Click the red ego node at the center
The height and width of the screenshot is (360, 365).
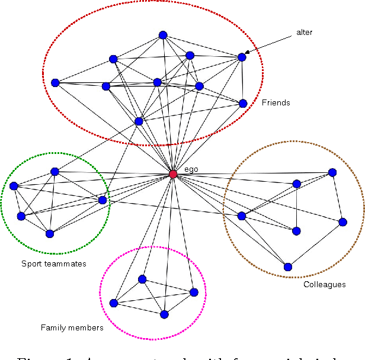173,174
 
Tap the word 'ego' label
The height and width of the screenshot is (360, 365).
191,169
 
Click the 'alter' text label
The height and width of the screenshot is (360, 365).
304,33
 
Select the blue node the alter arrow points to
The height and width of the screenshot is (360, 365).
242,57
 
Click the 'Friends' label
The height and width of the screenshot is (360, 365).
276,102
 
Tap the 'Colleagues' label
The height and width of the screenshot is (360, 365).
324,284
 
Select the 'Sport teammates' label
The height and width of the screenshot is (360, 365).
54,263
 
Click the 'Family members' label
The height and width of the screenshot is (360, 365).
72,327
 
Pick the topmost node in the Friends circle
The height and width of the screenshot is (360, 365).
163,35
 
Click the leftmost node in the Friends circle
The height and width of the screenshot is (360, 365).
55,83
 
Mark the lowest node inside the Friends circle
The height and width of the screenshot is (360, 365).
139,121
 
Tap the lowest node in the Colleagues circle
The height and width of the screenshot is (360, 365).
288,266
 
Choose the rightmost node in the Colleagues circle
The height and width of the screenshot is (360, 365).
342,222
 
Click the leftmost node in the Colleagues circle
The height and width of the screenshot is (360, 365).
241,216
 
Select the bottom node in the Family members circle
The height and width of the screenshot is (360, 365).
164,314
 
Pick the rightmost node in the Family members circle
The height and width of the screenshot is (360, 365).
194,292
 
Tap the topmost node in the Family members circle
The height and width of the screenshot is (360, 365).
142,279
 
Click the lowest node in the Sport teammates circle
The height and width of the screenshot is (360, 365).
50,234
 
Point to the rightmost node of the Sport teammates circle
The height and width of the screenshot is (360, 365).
103,200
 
